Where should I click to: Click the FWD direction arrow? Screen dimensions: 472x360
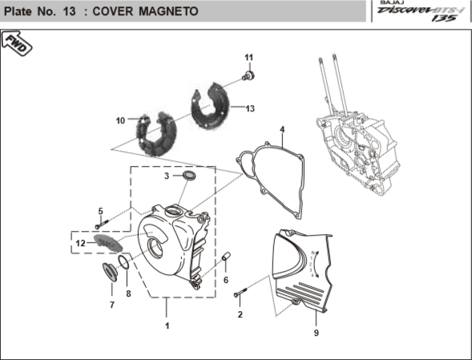[x=17, y=43]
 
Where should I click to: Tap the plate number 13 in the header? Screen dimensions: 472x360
[x=69, y=11]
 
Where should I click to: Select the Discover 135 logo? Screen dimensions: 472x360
[x=420, y=11]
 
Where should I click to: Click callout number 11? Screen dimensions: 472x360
[x=249, y=57]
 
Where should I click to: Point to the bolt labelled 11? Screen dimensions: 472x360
[x=248, y=75]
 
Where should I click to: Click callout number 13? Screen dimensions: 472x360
[x=250, y=108]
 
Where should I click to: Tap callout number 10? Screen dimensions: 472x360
[x=120, y=120]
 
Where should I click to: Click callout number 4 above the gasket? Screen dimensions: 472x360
[x=282, y=130]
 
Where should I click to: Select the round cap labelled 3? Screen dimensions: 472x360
[x=189, y=176]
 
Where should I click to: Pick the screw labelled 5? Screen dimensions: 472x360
[x=102, y=224]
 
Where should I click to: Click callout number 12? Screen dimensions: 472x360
[x=81, y=243]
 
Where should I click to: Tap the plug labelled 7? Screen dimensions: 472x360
[x=110, y=272]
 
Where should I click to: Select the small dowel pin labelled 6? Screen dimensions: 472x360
[x=226, y=257]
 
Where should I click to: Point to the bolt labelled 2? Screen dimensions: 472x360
[x=240, y=292]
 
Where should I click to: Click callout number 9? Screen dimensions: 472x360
[x=316, y=333]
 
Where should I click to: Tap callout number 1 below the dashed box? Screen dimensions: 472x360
[x=167, y=326]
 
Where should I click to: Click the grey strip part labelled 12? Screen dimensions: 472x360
[x=108, y=243]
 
